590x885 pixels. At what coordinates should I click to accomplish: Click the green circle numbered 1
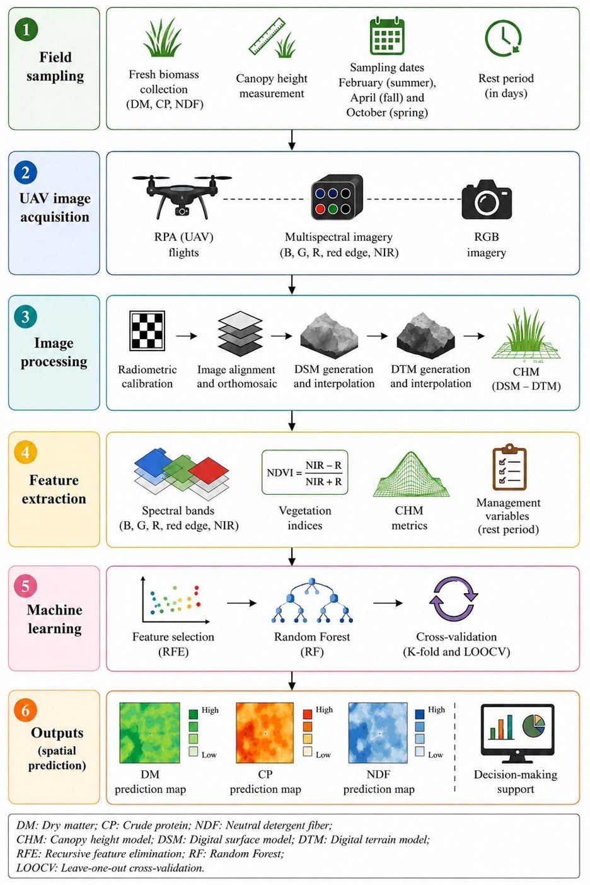[x=26, y=29]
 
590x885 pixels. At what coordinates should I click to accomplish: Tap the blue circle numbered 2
[x=26, y=173]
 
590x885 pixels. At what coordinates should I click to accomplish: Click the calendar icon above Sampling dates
[x=387, y=36]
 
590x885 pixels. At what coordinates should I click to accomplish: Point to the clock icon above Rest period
[x=504, y=38]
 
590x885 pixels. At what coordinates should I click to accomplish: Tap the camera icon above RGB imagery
[x=487, y=200]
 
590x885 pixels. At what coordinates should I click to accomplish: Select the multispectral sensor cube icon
[x=337, y=197]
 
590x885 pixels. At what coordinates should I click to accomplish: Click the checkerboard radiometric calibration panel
[x=147, y=331]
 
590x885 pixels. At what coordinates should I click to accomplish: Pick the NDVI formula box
[x=304, y=473]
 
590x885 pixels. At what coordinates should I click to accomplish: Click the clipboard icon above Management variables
[x=509, y=467]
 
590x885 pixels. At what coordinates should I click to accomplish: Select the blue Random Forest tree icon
[x=312, y=601]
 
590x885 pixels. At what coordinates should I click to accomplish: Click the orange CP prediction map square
[x=265, y=733]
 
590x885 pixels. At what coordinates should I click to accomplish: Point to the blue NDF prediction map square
[x=378, y=733]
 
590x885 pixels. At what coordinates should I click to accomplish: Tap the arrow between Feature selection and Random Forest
[x=242, y=603]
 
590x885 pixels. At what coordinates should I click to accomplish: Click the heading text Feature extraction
[x=54, y=490]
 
